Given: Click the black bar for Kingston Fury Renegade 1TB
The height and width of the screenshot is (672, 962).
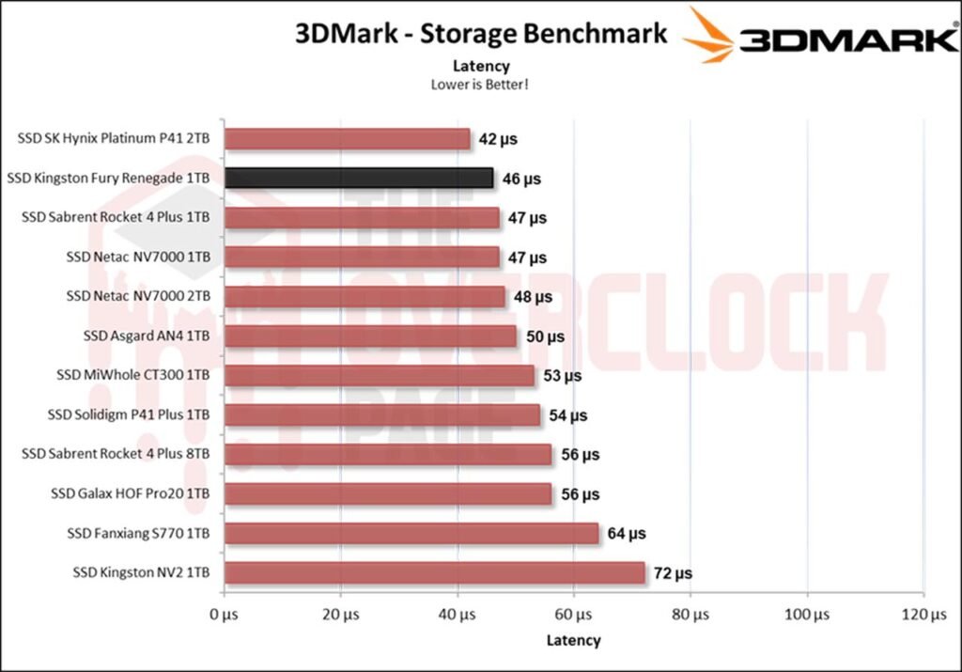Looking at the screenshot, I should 358,178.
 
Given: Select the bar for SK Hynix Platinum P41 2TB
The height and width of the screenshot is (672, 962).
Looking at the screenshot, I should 347,139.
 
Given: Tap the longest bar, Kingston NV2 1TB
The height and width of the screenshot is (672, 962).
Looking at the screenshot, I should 434,572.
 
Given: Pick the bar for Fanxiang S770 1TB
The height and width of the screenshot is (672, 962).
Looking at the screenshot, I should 411,533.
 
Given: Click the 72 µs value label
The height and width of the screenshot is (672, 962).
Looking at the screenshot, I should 673,572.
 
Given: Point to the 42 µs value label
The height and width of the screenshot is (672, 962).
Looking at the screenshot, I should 498,139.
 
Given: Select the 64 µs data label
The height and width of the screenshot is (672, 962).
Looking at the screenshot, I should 627,533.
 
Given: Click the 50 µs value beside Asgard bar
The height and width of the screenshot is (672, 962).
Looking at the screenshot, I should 545,336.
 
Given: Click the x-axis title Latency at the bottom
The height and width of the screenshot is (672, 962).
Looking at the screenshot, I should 573,640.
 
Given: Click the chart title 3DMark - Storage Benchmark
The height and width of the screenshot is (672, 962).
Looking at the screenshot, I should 481,34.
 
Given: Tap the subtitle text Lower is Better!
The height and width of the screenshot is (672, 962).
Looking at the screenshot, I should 481,85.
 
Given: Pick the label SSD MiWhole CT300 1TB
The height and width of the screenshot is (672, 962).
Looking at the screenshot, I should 133,375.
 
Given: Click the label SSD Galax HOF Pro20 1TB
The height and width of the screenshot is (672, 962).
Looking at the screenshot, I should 129,493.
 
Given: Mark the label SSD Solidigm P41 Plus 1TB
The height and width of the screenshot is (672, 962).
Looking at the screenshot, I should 129,414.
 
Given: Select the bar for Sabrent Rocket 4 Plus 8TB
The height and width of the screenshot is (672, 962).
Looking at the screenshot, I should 388,454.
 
